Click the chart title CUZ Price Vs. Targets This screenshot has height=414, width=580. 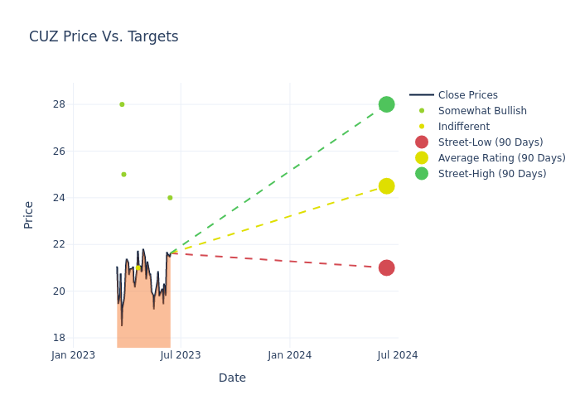click(x=104, y=36)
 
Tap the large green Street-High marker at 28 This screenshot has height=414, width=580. click(x=386, y=104)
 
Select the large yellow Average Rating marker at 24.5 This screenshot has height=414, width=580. click(x=386, y=186)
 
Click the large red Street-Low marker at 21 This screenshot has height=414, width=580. click(x=386, y=267)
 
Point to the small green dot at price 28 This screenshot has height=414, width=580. click(x=122, y=104)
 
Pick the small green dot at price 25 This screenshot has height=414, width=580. click(x=123, y=175)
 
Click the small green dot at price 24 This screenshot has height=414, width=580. click(x=170, y=198)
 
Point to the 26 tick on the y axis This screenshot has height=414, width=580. click(x=59, y=152)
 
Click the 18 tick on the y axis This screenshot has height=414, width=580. click(x=59, y=338)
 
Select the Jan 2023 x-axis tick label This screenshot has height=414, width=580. click(x=73, y=355)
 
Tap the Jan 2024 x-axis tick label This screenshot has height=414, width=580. click(x=290, y=355)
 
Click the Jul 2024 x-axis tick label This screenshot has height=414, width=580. click(x=398, y=355)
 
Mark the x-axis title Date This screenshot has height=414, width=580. click(x=232, y=378)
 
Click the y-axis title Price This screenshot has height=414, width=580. click(x=29, y=214)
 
